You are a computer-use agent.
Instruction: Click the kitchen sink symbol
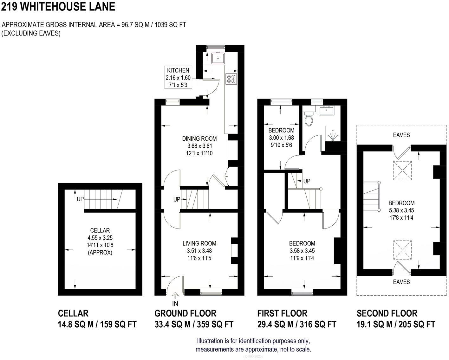(x=218, y=58)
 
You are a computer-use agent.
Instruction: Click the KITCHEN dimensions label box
(x=178, y=78)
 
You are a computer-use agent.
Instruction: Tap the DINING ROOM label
(x=199, y=138)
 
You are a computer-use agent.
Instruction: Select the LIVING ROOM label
(x=199, y=243)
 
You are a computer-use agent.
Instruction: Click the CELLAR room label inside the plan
(x=100, y=230)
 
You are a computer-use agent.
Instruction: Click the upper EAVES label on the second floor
(x=401, y=135)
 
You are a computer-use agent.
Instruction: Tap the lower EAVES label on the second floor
(x=401, y=282)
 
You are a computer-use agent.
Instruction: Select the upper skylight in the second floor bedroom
(x=402, y=171)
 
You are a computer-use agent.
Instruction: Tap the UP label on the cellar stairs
(x=80, y=199)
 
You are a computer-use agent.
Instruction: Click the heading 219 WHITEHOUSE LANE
(x=58, y=7)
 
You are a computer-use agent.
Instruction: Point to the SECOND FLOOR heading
(x=387, y=313)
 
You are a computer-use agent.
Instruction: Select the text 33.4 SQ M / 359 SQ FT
(x=194, y=324)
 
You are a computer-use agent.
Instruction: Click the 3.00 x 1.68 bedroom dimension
(x=281, y=138)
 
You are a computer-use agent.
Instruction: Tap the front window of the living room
(x=211, y=292)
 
